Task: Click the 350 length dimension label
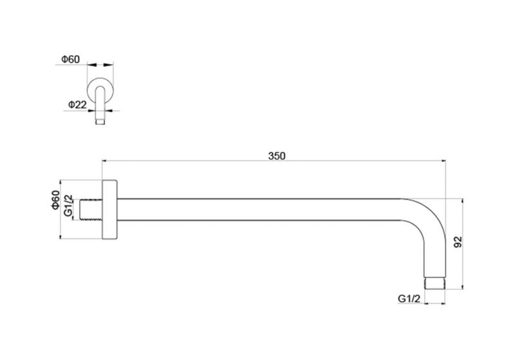[277, 156]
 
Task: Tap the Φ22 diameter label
[77, 105]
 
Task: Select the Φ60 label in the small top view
[70, 59]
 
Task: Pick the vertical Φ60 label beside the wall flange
[56, 200]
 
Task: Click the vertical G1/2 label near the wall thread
[68, 205]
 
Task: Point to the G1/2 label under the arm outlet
[409, 299]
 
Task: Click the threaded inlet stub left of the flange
[91, 209]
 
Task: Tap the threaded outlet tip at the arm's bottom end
[435, 285]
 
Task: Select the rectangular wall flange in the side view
[109, 209]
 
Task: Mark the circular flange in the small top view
[100, 91]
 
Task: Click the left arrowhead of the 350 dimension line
[105, 160]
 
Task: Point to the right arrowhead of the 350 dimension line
[443, 160]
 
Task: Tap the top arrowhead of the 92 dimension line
[462, 202]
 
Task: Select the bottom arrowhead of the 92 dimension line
[462, 286]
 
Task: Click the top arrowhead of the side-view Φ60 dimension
[61, 184]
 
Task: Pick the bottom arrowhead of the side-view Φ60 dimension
[61, 236]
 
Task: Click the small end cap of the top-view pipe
[100, 122]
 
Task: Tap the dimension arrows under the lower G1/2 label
[435, 303]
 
